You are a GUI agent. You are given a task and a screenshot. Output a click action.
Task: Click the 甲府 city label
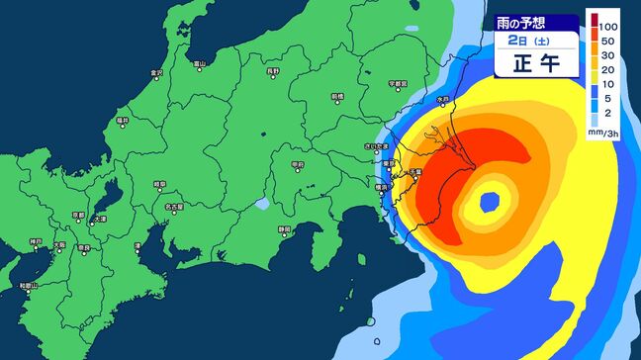point(297,164)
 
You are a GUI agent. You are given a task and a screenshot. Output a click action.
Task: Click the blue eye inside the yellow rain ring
point(489,202)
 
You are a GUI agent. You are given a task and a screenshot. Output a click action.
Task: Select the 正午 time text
point(535,62)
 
